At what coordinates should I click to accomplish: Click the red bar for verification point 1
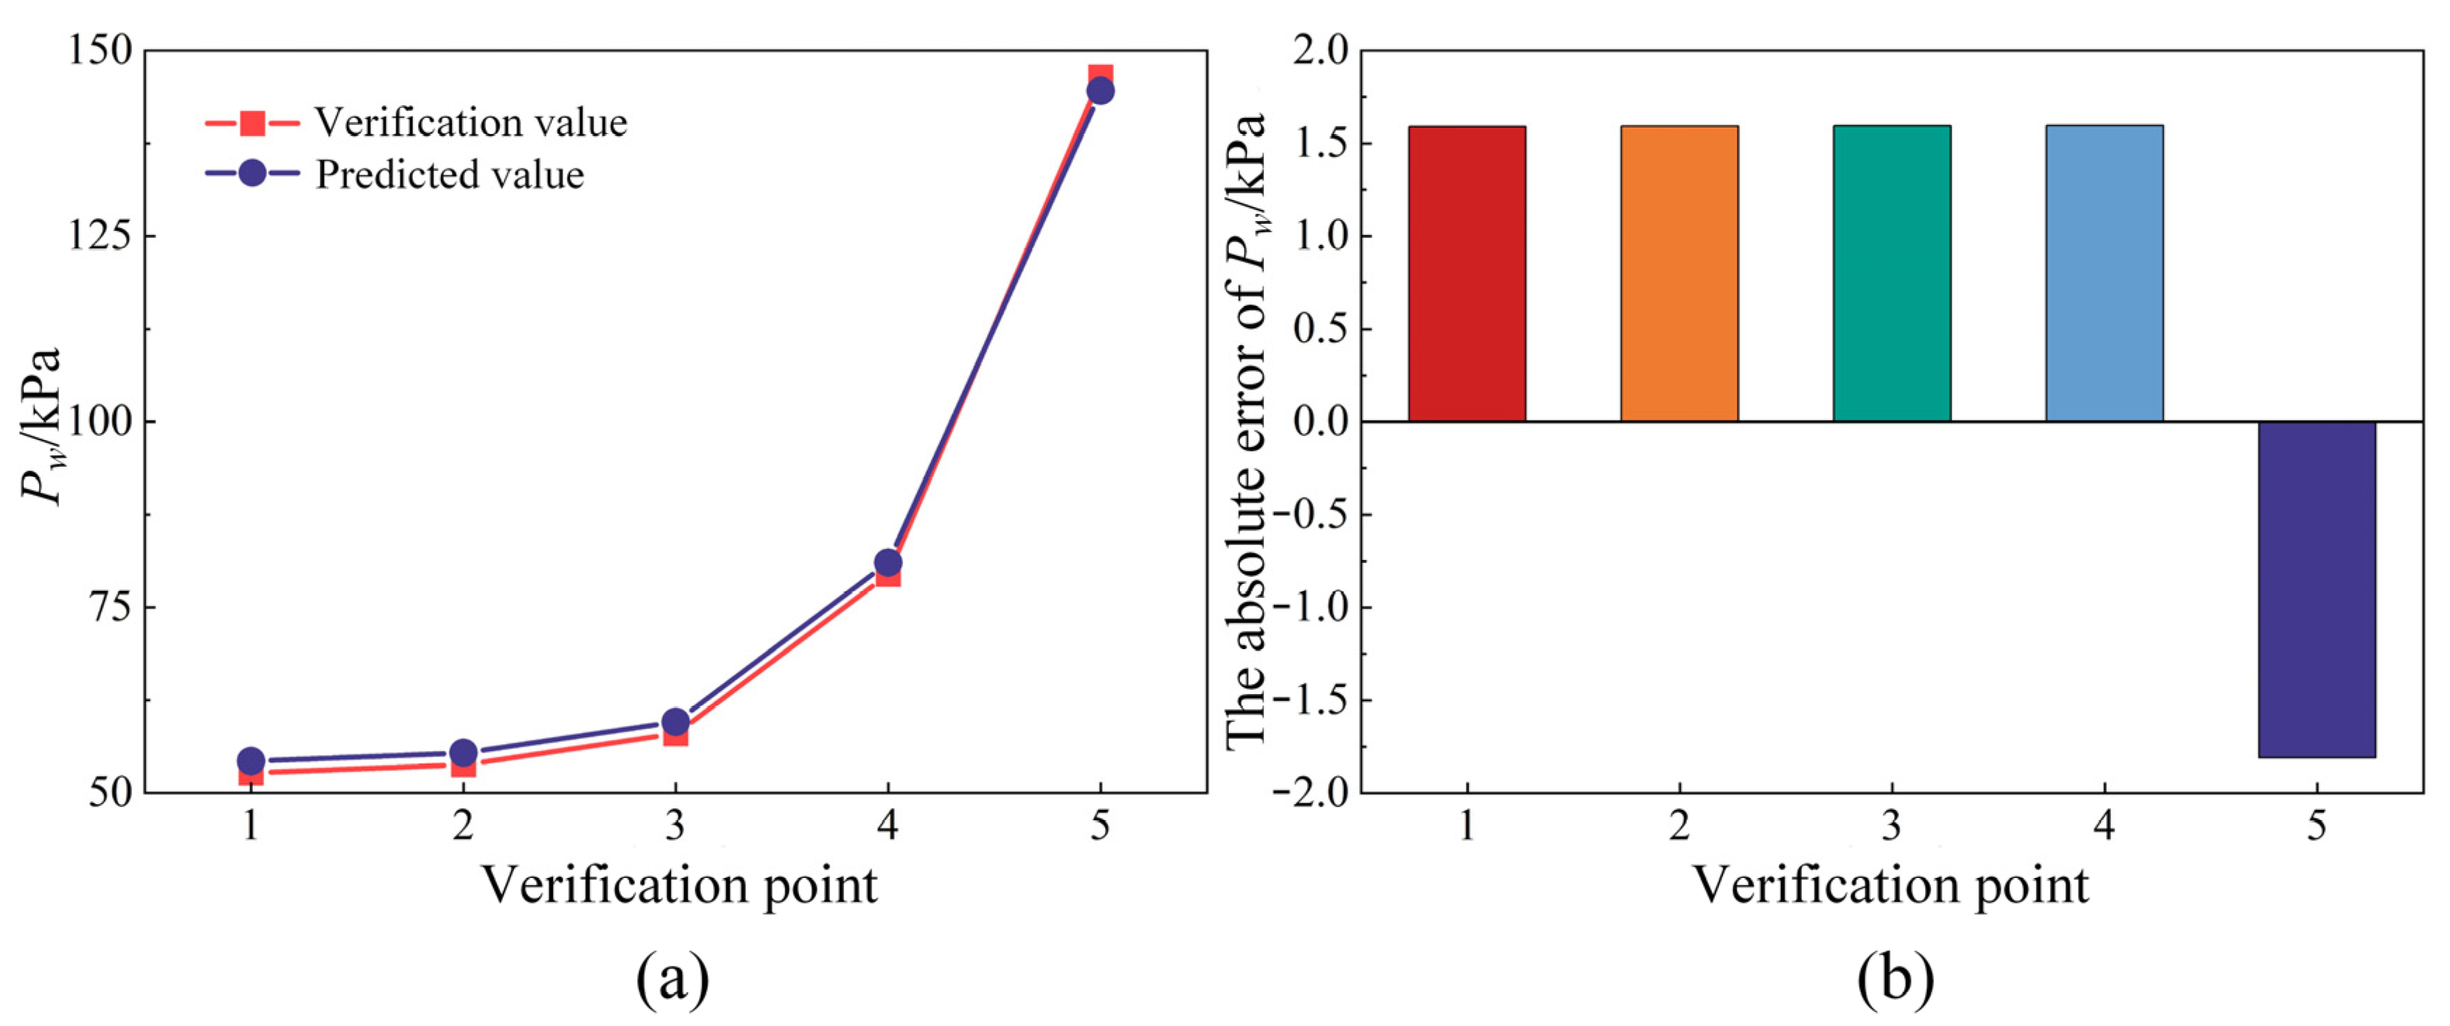[x=1467, y=274]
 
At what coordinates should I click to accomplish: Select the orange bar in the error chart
[x=1679, y=274]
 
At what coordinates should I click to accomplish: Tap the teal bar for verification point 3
[x=1892, y=274]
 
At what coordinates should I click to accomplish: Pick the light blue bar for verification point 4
[x=2104, y=274]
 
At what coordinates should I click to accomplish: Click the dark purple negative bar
[x=2317, y=589]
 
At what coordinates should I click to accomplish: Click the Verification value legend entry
[x=470, y=123]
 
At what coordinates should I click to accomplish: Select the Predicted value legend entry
[x=449, y=175]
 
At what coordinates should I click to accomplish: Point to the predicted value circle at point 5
[x=1100, y=91]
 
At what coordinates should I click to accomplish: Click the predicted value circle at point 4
[x=888, y=562]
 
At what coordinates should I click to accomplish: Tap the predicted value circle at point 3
[x=676, y=721]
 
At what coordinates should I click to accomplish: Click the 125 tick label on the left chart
[x=99, y=235]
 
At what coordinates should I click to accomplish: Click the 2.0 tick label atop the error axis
[x=1320, y=51]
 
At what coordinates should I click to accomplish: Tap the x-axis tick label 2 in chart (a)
[x=463, y=825]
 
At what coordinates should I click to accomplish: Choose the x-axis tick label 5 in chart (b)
[x=2317, y=825]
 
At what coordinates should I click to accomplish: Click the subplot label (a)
[x=673, y=980]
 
